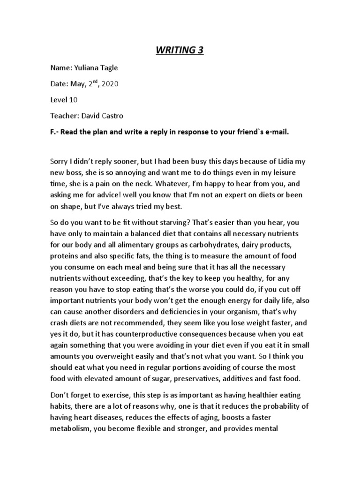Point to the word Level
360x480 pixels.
tap(60, 100)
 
